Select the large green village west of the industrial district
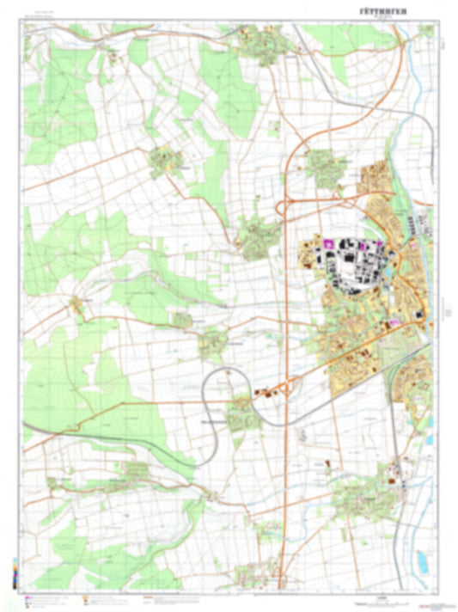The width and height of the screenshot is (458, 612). [x=256, y=236]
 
